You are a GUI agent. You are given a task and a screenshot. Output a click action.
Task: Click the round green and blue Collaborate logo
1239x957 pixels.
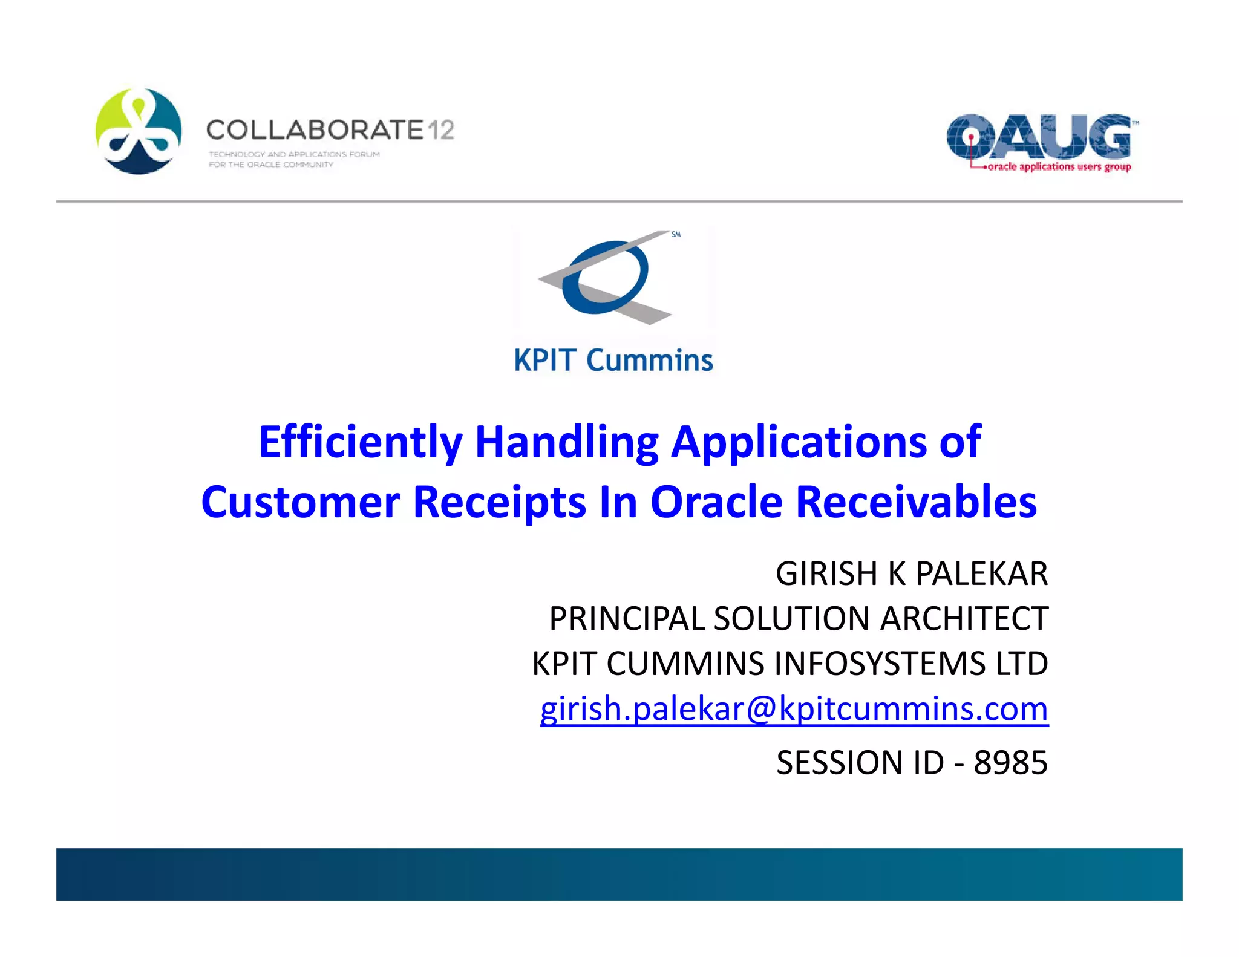(139, 131)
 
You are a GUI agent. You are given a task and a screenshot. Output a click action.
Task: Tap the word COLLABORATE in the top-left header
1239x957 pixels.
(315, 130)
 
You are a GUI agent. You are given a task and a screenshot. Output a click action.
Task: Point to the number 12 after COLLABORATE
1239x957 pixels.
(441, 130)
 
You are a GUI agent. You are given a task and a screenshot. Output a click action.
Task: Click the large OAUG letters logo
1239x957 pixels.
(1039, 136)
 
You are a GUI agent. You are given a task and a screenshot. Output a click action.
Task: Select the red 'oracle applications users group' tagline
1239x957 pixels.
(1059, 167)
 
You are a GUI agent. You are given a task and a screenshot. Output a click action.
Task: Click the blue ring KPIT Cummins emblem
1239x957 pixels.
(605, 277)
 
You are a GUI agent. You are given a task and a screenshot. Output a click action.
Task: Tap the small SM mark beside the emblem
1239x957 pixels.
(676, 235)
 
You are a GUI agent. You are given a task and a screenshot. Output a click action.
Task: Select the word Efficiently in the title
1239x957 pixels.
(361, 442)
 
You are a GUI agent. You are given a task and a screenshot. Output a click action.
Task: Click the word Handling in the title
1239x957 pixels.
(566, 442)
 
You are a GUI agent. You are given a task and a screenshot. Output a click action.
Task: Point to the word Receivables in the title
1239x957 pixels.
(916, 502)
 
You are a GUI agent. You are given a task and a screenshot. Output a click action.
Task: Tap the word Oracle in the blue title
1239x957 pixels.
(716, 502)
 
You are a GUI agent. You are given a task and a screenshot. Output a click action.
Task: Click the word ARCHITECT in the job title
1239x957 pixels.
(964, 619)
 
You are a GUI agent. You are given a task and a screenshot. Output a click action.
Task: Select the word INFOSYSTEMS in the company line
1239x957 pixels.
(880, 664)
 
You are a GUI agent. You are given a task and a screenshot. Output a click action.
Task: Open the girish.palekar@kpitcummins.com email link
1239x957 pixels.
(794, 709)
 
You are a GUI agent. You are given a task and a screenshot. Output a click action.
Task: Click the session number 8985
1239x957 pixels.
(1010, 763)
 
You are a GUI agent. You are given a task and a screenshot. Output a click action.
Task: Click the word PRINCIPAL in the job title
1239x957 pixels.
(627, 619)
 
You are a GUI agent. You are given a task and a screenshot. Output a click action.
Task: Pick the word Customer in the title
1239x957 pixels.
(301, 502)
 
